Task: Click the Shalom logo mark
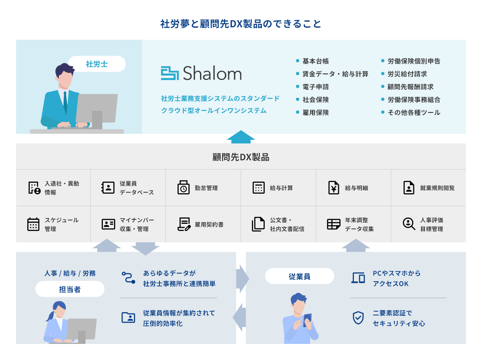pos(170,73)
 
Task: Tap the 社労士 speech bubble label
pos(97,64)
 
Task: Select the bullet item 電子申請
pos(316,87)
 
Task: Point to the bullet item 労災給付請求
pos(407,74)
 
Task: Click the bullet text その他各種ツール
pos(414,112)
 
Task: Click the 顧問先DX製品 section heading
pos(241,157)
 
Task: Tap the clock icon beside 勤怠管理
pos(183,188)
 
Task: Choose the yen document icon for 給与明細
pos(333,188)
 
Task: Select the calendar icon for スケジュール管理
pos(33,224)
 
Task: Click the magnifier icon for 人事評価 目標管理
pos(409,224)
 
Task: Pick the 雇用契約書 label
pos(209,225)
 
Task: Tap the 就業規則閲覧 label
pos(437,188)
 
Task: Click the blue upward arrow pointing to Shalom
pos(241,137)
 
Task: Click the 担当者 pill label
pos(70,289)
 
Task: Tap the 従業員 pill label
pos(300,276)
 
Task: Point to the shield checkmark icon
pos(358,317)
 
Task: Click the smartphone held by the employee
pos(307,320)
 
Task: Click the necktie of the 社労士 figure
pos(65,102)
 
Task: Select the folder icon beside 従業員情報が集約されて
pos(128,317)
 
